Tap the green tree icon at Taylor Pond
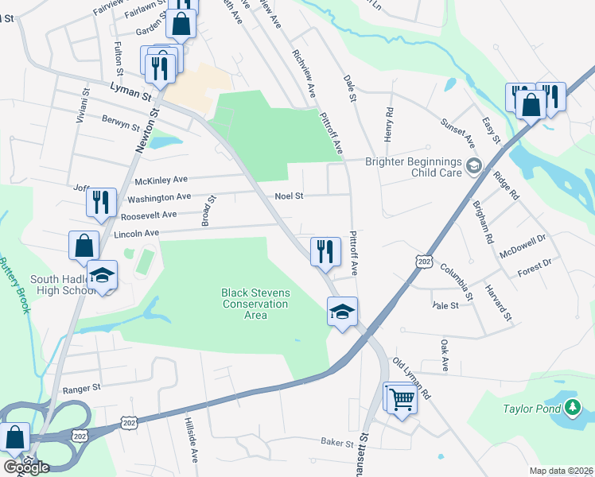coord(572,408)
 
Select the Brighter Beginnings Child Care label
coord(414,166)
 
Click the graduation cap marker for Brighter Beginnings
coord(474,166)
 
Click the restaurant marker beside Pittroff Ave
coord(326,252)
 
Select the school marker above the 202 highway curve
coord(342,312)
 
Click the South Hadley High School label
coord(64,285)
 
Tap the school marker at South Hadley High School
coord(102,276)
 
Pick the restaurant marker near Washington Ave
coord(102,202)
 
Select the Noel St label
coord(289,196)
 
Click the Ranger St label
coord(82,389)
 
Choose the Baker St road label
coord(337,442)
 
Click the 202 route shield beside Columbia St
coord(422,260)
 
